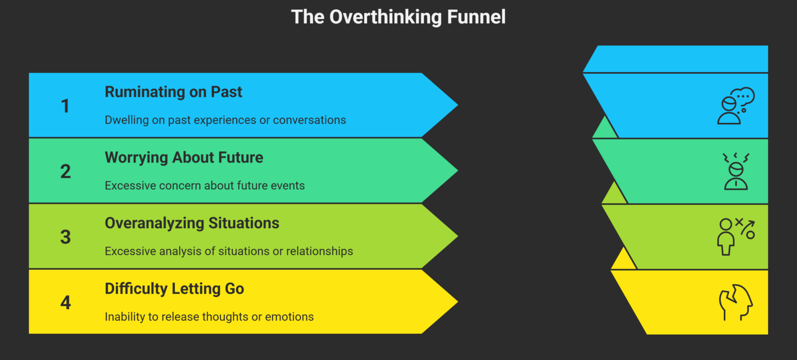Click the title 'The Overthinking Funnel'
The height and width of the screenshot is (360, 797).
[398, 17]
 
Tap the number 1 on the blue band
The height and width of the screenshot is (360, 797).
[65, 106]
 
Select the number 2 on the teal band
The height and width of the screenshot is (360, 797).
[65, 171]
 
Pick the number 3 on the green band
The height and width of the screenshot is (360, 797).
[65, 237]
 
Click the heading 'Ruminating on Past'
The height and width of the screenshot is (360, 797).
[173, 92]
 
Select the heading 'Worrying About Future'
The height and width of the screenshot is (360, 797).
[184, 157]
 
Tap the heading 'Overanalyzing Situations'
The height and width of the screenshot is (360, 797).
[192, 223]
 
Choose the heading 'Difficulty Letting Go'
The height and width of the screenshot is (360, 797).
[174, 288]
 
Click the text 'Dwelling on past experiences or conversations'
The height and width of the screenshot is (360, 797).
[225, 120]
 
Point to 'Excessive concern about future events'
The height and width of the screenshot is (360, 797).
[204, 185]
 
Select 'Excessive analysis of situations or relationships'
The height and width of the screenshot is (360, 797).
[229, 251]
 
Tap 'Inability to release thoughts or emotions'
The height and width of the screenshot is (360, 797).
[209, 316]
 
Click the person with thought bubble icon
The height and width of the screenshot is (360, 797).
[735, 106]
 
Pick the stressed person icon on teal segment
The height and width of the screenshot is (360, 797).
[736, 171]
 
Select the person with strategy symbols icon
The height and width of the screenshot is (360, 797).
[736, 237]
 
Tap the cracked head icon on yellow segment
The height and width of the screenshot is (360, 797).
[736, 303]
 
